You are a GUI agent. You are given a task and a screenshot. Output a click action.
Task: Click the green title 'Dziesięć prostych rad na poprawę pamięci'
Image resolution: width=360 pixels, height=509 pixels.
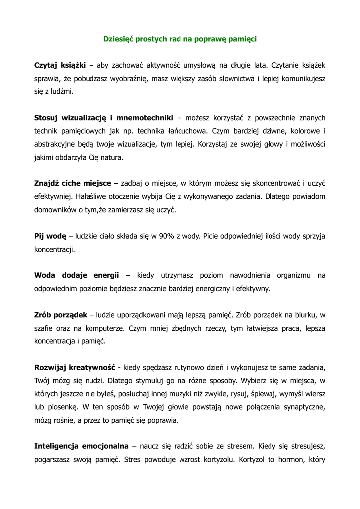pyautogui.click(x=180, y=38)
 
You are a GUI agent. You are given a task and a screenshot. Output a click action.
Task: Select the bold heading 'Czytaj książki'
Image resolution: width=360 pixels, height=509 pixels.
pyautogui.click(x=60, y=65)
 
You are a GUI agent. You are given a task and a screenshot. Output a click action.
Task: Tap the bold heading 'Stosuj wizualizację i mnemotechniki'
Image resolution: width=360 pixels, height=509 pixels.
pyautogui.click(x=103, y=118)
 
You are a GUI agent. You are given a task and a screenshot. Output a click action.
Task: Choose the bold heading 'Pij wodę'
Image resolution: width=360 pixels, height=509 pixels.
pyautogui.click(x=50, y=236)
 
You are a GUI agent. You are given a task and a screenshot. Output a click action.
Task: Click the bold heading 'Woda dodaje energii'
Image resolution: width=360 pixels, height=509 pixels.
pyautogui.click(x=77, y=275)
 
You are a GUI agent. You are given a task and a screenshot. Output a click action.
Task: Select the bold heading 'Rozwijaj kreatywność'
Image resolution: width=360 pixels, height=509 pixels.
pyautogui.click(x=75, y=367)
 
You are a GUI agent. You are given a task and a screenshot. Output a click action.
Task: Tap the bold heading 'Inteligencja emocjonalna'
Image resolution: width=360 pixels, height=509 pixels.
pyautogui.click(x=82, y=446)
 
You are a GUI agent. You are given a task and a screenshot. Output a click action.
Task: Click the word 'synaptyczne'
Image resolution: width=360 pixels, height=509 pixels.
pyautogui.click(x=304, y=407)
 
